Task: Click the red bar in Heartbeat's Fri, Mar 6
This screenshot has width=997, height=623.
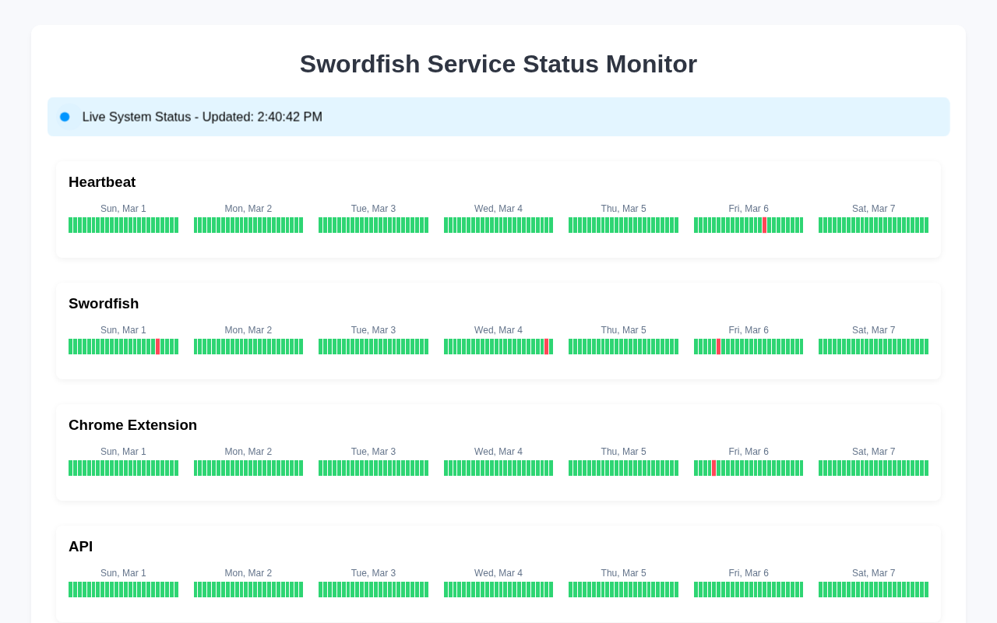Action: coord(764,225)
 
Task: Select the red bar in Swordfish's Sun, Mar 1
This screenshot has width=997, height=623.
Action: coord(157,347)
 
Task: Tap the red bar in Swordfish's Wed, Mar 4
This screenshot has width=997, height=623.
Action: coord(547,347)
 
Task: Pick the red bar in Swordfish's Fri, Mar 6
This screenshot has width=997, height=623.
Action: coord(718,347)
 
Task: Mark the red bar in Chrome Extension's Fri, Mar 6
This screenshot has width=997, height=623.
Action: coord(714,468)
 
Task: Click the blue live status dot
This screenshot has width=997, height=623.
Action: coord(65,117)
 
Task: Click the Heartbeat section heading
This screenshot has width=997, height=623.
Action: coord(102,182)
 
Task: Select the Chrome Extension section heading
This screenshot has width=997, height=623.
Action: coord(132,425)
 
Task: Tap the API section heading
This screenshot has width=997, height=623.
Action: coord(80,547)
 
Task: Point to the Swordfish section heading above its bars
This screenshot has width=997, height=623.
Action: coord(104,304)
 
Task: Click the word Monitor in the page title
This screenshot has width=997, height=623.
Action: coord(651,64)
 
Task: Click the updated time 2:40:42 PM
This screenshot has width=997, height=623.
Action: coord(290,117)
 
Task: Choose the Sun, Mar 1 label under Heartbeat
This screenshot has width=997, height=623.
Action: coord(123,209)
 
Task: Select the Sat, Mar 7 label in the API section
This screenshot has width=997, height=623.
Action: coord(873,573)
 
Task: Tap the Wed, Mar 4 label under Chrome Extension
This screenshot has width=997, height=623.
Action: coord(498,452)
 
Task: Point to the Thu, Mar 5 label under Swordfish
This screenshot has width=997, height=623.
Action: coord(623,330)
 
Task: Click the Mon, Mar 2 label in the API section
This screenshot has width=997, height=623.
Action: coord(248,573)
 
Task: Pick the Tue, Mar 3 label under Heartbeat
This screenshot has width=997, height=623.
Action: coord(373,209)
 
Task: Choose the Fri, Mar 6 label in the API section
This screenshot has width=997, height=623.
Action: coord(749,573)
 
